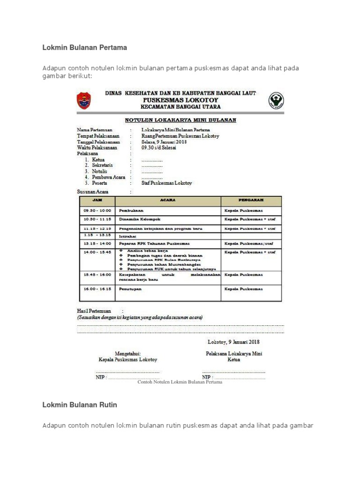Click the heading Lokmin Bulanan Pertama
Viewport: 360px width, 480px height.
(x=85, y=48)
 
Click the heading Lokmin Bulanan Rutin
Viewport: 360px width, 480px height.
(x=80, y=405)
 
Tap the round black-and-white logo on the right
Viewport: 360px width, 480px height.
(x=276, y=100)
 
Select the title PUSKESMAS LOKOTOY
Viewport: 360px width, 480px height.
(x=180, y=100)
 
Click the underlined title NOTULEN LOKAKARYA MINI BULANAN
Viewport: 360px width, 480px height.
(x=180, y=120)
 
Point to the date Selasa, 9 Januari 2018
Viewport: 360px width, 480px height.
(x=164, y=142)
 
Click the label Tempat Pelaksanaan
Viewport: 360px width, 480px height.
(x=98, y=136)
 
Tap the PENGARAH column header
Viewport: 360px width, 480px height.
(x=251, y=201)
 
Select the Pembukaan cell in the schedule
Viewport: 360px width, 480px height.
(x=131, y=211)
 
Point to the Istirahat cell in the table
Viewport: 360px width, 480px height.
(x=127, y=237)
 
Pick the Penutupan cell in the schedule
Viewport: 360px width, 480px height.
(x=130, y=290)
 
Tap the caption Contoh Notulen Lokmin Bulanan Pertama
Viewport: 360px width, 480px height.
(x=180, y=382)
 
